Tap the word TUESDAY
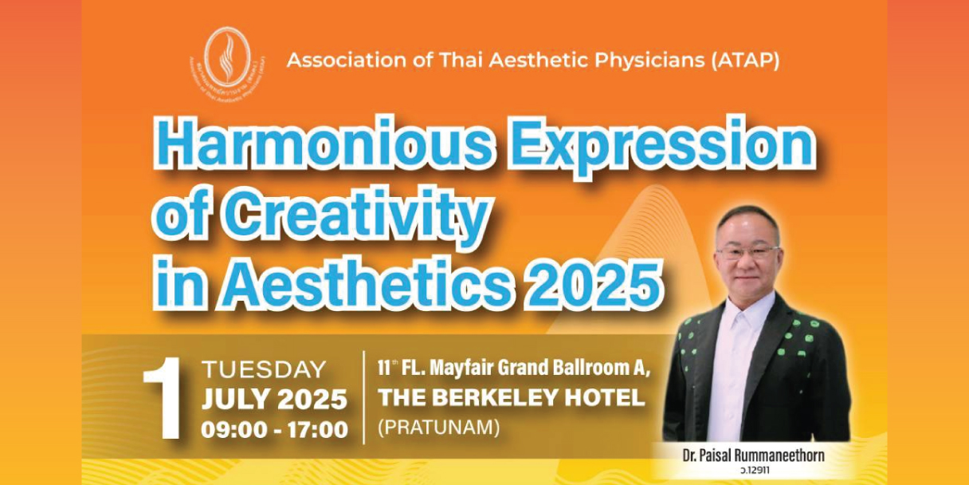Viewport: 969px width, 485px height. pos(264,370)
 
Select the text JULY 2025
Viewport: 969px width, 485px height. pos(274,399)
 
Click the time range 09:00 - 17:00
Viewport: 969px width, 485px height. pos(274,429)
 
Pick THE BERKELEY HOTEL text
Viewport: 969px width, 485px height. pos(511,398)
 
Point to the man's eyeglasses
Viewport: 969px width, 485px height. pos(747,253)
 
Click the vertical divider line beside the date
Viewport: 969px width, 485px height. pos(364,397)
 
